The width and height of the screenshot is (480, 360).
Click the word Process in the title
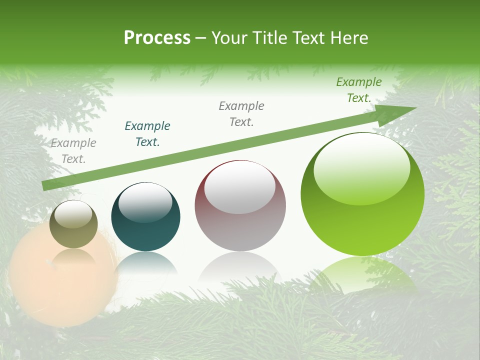click(x=157, y=37)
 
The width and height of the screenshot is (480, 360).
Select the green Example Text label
click(x=359, y=90)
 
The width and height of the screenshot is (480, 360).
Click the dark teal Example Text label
click(x=147, y=134)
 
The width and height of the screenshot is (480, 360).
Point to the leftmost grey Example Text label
click(x=73, y=151)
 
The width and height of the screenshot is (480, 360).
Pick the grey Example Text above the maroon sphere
click(x=241, y=114)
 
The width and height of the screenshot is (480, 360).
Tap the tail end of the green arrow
click(x=46, y=185)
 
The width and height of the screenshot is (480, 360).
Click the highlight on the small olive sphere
click(x=73, y=214)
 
